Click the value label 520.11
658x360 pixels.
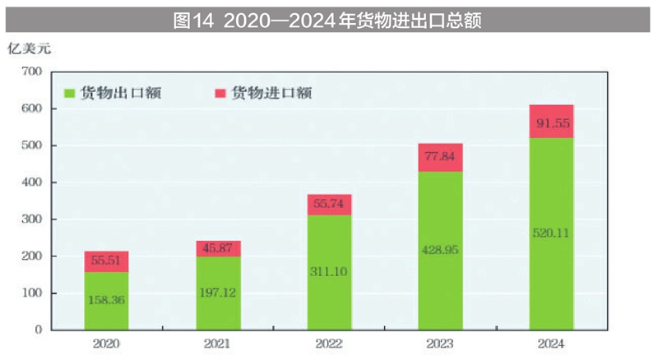[551, 232]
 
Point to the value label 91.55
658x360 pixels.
[551, 124]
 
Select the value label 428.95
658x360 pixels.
[440, 249]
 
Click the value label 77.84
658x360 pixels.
[440, 156]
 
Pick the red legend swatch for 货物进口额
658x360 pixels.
[220, 94]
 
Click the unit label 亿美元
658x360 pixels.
[30, 48]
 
